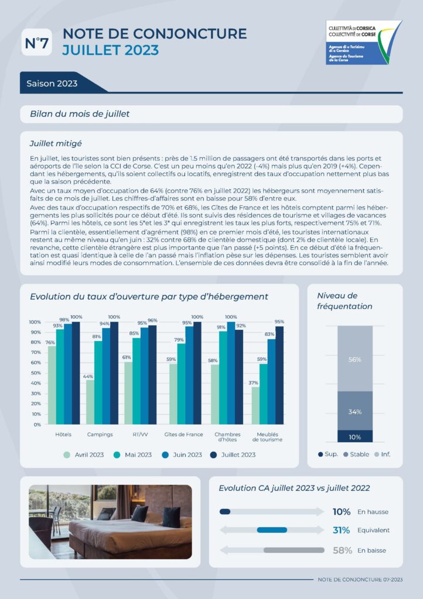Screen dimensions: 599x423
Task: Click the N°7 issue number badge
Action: coord(36,43)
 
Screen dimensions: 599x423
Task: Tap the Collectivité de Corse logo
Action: coord(363,42)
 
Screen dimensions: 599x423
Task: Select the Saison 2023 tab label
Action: coord(52,84)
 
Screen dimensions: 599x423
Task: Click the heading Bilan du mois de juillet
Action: coord(80,113)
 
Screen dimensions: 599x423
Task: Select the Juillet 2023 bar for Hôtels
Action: coord(76,373)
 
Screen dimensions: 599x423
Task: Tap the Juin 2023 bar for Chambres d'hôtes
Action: coord(231,373)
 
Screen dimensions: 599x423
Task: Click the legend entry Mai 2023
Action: coord(133,455)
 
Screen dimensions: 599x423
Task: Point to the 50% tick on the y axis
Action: coord(35,373)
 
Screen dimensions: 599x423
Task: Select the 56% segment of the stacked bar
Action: coord(354,359)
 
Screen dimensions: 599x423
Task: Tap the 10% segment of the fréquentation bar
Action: coord(354,437)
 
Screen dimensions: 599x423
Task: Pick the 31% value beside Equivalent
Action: coord(342,531)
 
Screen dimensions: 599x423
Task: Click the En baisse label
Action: coord(371,550)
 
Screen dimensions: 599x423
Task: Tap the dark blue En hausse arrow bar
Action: coord(225,512)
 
